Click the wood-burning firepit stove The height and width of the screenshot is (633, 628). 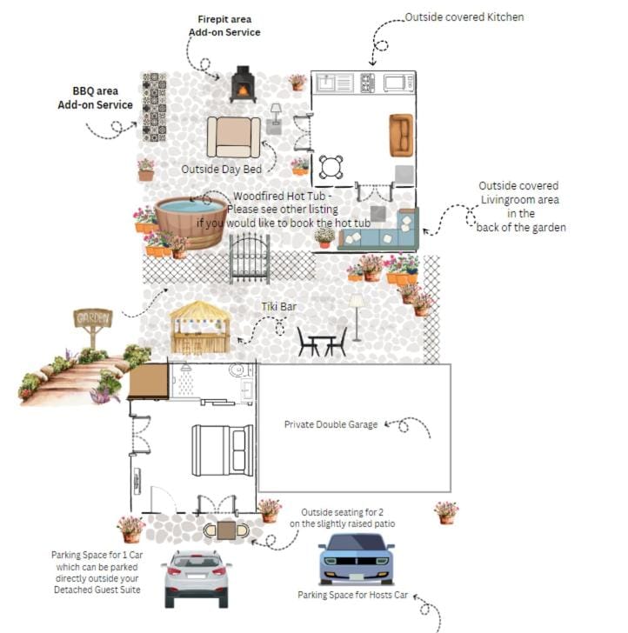tap(243, 84)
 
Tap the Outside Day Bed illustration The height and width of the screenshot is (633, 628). tap(233, 137)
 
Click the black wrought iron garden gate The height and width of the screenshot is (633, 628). tap(250, 258)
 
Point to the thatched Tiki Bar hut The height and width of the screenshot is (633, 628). tap(200, 329)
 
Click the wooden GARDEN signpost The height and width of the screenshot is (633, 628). tap(93, 321)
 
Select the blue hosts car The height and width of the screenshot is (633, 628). tap(356, 559)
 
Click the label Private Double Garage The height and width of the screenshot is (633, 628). tap(331, 424)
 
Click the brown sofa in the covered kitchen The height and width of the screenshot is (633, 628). tap(401, 135)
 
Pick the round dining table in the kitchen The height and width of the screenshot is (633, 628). tap(331, 166)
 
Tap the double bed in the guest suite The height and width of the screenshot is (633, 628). tap(223, 450)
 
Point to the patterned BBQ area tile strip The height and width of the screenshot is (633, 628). tap(154, 108)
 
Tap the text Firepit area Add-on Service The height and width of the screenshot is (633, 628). tap(224, 25)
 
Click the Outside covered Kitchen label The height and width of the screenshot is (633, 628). tap(464, 17)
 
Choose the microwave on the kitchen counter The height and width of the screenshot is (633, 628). tap(398, 83)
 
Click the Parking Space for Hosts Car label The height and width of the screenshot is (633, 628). tap(352, 596)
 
